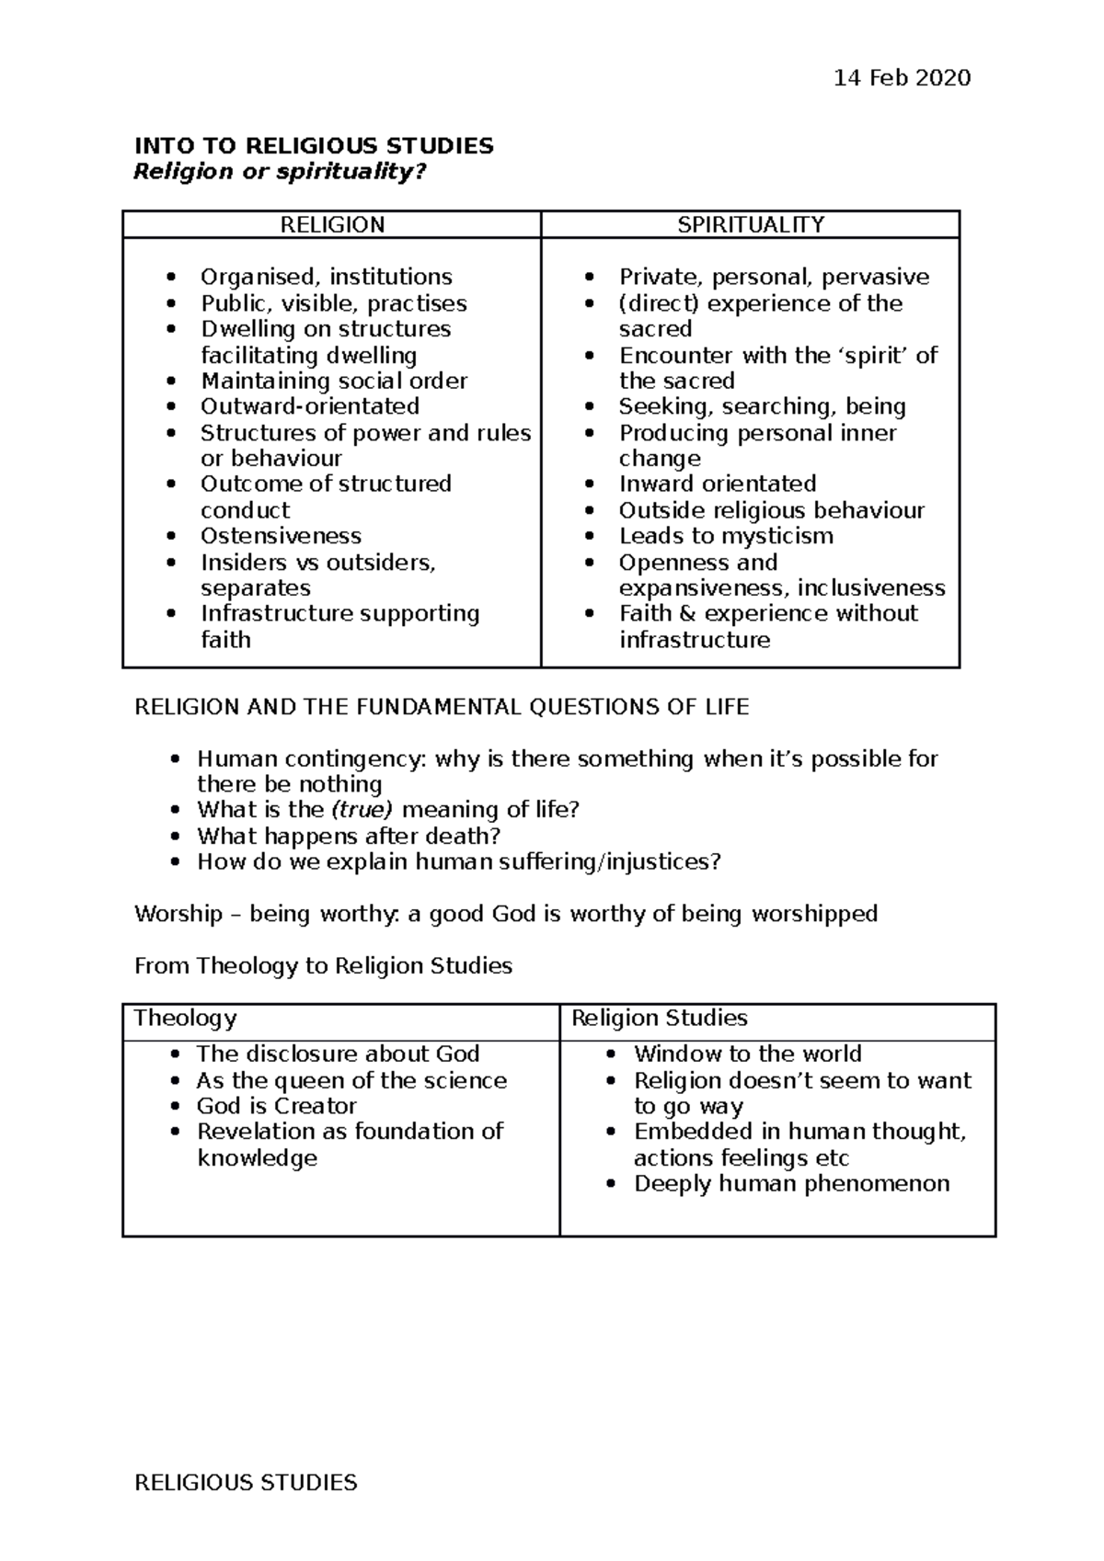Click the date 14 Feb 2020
[x=901, y=78]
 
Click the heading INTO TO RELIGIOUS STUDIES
[x=314, y=146]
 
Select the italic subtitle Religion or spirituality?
[x=281, y=172]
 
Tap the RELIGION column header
[x=332, y=225]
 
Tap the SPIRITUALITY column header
[x=750, y=225]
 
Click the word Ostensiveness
[x=281, y=536]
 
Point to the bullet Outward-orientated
[x=310, y=406]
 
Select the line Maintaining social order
[x=334, y=381]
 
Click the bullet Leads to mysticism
[x=726, y=536]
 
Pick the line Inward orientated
[x=717, y=484]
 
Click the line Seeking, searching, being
[x=762, y=406]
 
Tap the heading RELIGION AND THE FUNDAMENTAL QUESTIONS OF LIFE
[x=442, y=707]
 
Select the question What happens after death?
[x=349, y=836]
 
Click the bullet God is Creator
[x=276, y=1106]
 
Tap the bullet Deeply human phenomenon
[x=791, y=1184]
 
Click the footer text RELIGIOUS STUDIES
[x=246, y=1483]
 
